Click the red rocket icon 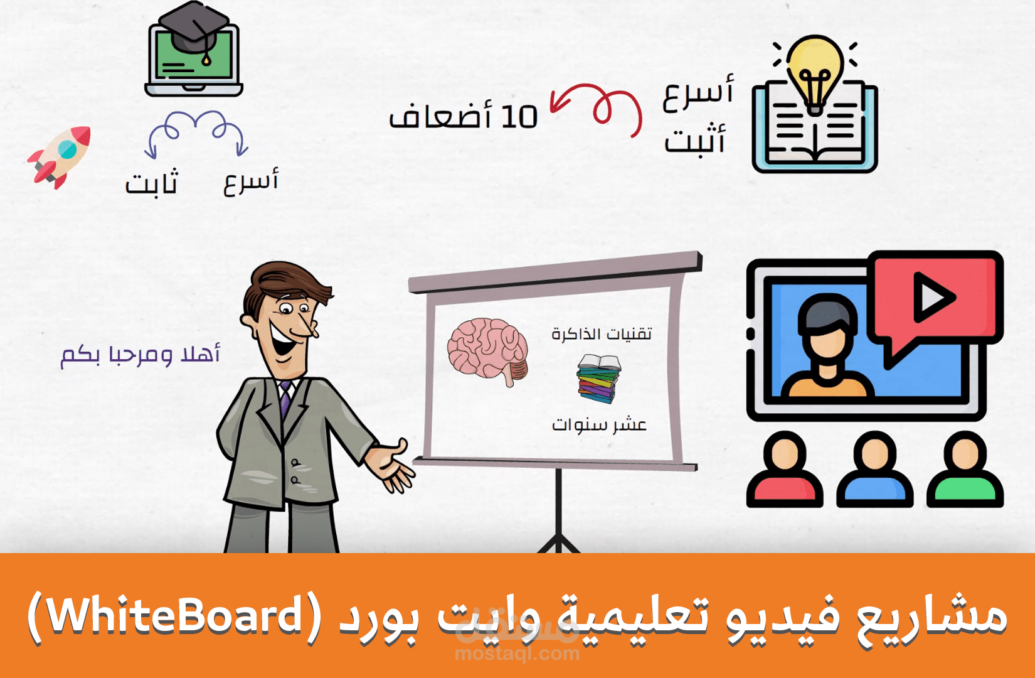coord(59,156)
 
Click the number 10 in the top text coord(519,117)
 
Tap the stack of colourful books coord(598,378)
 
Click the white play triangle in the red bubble coord(933,296)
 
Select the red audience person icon coord(785,471)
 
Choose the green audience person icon coord(965,471)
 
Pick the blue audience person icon coord(874,471)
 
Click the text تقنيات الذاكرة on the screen coord(602,333)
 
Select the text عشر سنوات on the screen coord(599,425)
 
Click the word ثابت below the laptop coord(152,183)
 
